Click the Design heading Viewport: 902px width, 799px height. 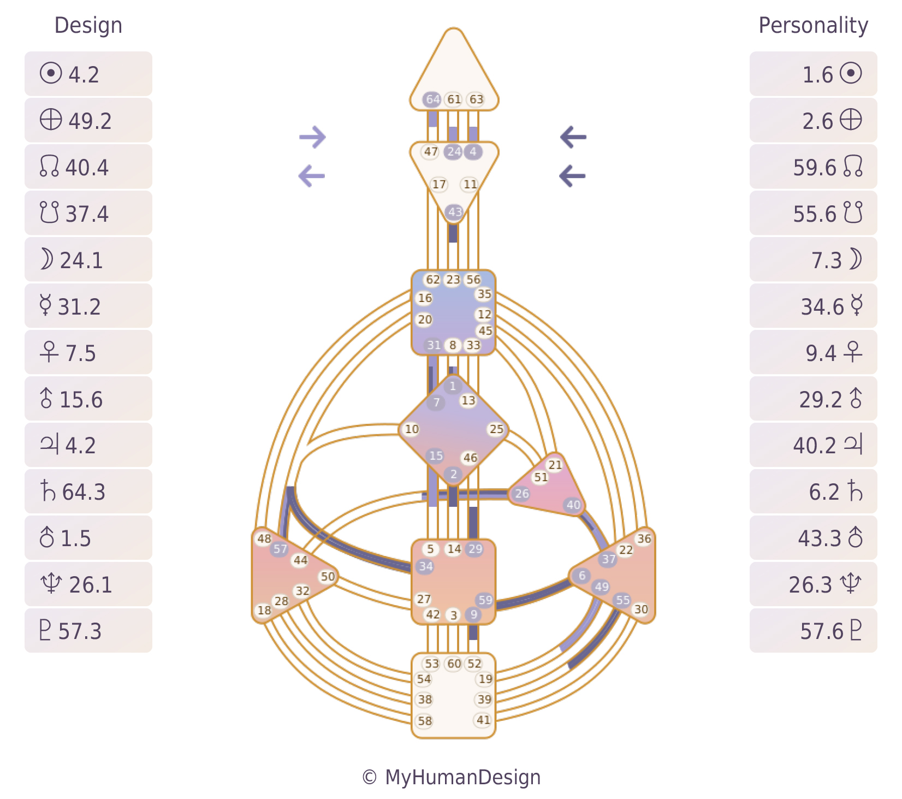click(88, 26)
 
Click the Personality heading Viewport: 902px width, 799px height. click(813, 26)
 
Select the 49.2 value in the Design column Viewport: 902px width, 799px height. click(90, 121)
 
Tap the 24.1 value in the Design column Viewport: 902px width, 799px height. click(81, 260)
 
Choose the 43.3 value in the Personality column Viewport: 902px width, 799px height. click(820, 538)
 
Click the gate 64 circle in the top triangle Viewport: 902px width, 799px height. click(432, 99)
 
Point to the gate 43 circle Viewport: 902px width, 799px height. click(455, 212)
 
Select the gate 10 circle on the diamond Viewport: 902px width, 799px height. click(411, 429)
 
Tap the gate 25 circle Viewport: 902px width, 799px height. click(496, 429)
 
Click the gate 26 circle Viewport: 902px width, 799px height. click(521, 494)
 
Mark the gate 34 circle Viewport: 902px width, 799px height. click(425, 566)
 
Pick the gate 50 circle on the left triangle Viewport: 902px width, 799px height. click(328, 576)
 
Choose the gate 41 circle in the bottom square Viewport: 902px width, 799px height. click(483, 720)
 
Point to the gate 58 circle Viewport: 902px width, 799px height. click(425, 720)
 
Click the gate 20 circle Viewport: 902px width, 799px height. click(425, 319)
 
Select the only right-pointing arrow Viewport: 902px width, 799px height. click(312, 137)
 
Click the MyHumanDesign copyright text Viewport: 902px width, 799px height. click(452, 777)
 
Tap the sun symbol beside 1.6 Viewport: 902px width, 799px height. click(850, 73)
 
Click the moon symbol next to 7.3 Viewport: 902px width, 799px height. click(855, 259)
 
